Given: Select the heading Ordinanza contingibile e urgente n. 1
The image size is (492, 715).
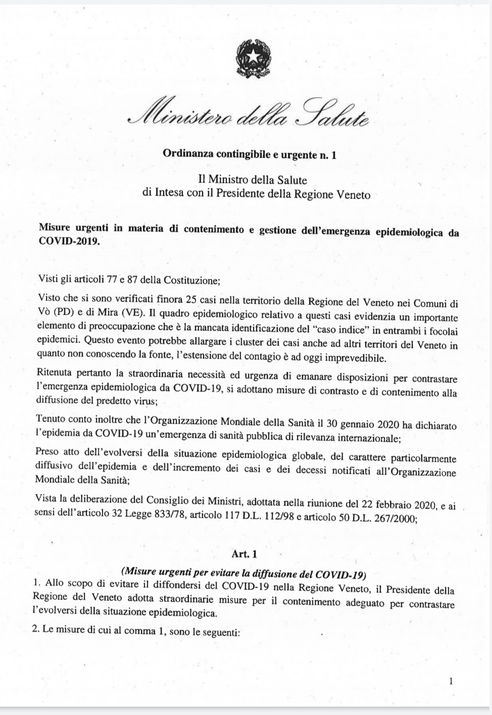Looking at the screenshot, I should tap(249, 155).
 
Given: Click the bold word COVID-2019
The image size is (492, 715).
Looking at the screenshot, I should tap(69, 240).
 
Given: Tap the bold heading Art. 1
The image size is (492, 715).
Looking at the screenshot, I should tap(244, 554).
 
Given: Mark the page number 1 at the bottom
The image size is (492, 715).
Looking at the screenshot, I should tap(451, 682).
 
